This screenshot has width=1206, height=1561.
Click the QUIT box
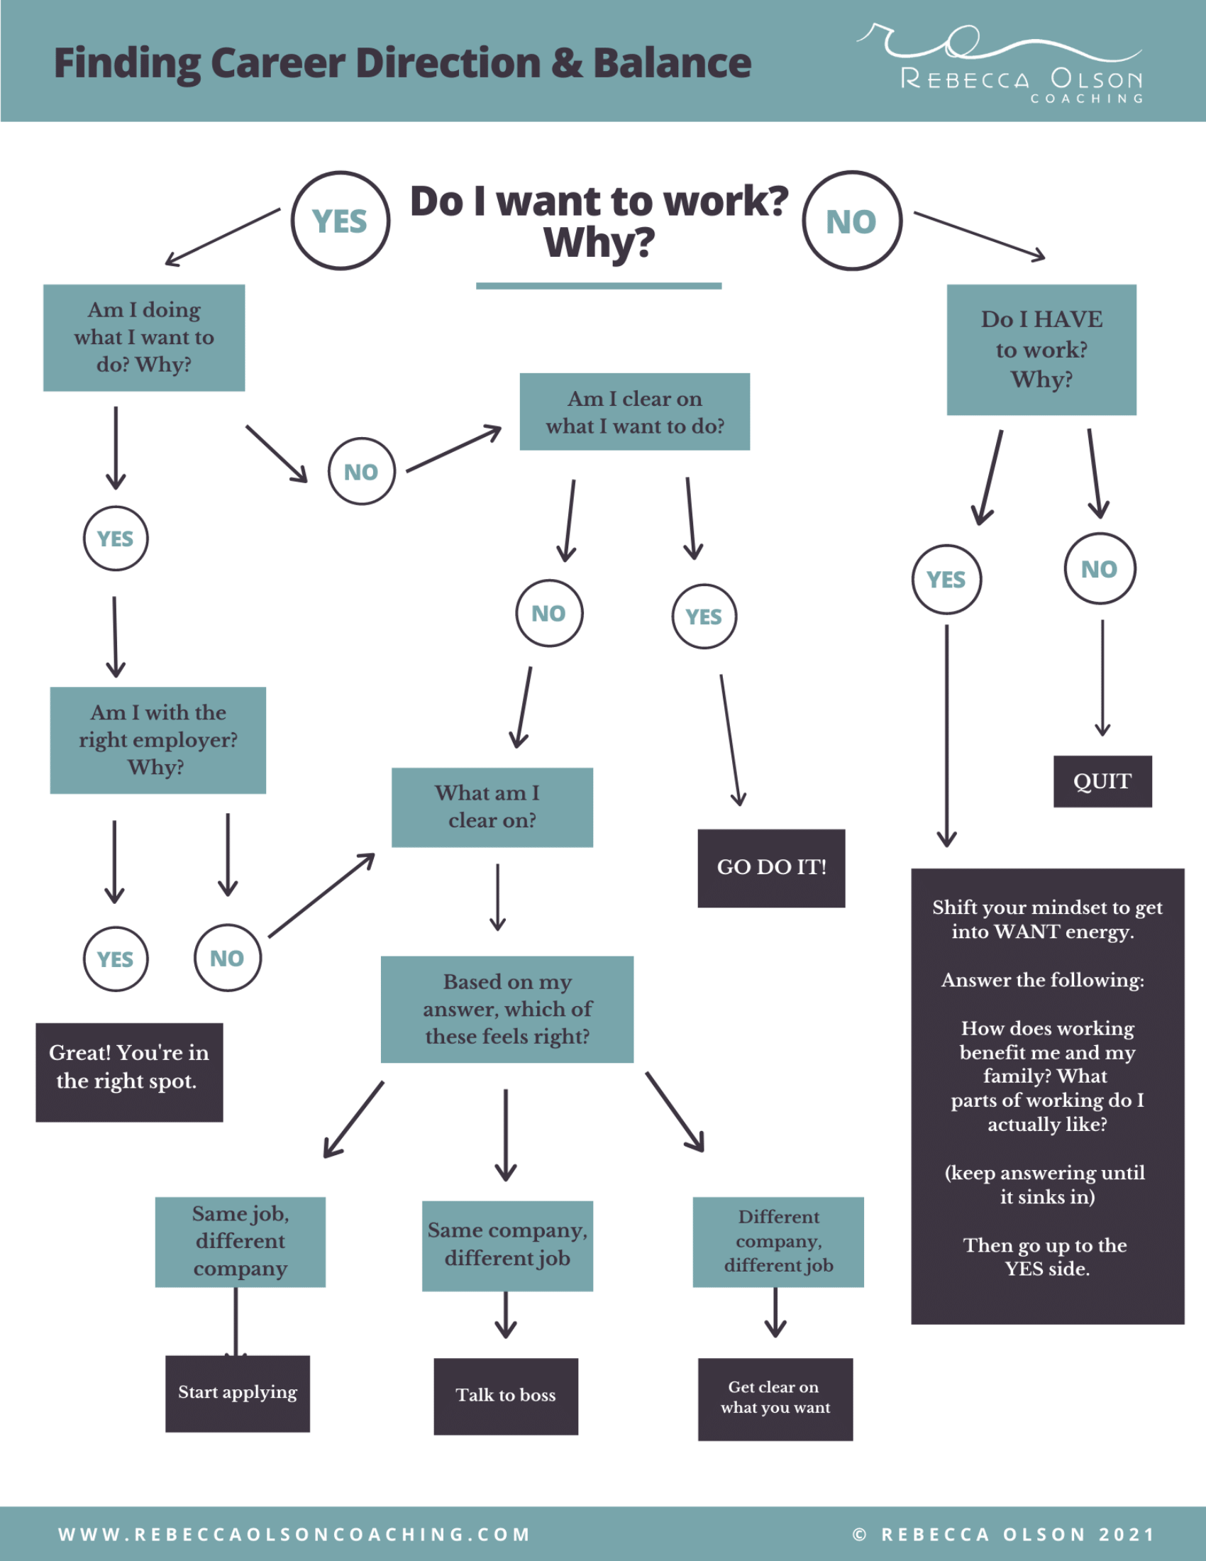pyautogui.click(x=1102, y=781)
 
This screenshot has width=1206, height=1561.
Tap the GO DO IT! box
pyautogui.click(x=771, y=868)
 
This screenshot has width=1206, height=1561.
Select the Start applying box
pyautogui.click(x=237, y=1393)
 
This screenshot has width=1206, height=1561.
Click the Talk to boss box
pyautogui.click(x=506, y=1395)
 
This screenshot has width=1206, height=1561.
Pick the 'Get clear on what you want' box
pyautogui.click(x=775, y=1398)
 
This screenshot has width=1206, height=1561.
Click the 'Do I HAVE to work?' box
pyautogui.click(x=1041, y=350)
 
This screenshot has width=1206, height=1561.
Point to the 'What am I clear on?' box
pyautogui.click(x=492, y=807)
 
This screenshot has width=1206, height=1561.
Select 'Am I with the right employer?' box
pyautogui.click(x=158, y=740)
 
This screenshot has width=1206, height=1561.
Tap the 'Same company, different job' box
pyautogui.click(x=507, y=1245)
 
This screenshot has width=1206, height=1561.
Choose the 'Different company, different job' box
pyautogui.click(x=778, y=1242)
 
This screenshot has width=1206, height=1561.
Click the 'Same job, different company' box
pyautogui.click(x=240, y=1242)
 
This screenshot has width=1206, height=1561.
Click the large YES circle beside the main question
pyautogui.click(x=340, y=221)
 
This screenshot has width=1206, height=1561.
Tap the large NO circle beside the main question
pyautogui.click(x=851, y=221)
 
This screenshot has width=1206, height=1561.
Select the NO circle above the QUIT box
pyautogui.click(x=1100, y=569)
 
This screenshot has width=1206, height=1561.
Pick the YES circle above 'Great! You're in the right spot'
pyautogui.click(x=115, y=959)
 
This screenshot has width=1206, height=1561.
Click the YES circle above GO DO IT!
pyautogui.click(x=704, y=616)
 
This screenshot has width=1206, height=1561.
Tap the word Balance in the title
pyautogui.click(x=672, y=63)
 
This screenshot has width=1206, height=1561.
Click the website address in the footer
pyautogui.click(x=294, y=1534)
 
